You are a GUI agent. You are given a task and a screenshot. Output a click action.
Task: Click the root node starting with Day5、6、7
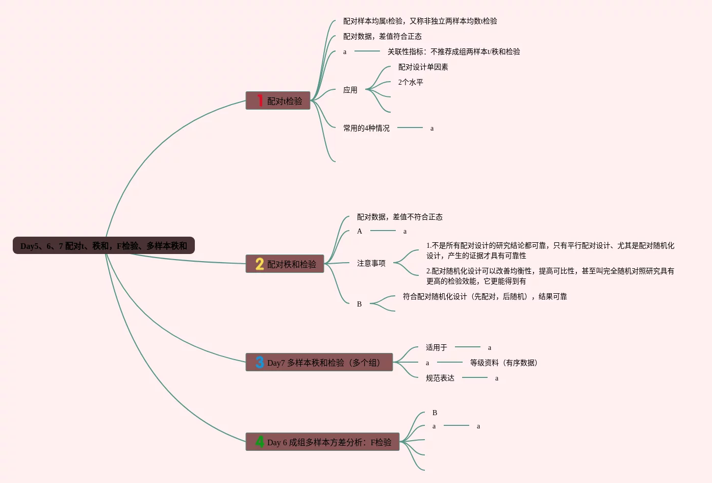tap(104, 246)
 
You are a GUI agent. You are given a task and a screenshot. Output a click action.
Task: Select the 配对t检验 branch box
tap(278, 101)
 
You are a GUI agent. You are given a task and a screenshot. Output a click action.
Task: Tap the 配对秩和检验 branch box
tap(285, 264)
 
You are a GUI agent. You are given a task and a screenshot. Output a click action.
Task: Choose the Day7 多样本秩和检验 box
tap(319, 363)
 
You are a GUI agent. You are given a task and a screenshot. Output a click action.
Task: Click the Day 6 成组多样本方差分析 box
tap(322, 442)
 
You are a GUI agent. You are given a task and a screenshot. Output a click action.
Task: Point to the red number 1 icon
tap(260, 100)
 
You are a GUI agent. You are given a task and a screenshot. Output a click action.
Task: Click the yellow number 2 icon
tap(260, 264)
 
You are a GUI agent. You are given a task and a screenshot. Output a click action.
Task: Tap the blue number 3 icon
tap(260, 362)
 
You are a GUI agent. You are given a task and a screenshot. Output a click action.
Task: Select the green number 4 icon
tap(260, 442)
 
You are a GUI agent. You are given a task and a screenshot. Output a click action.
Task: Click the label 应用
tap(350, 90)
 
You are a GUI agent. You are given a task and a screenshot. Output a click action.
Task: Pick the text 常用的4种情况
tap(366, 129)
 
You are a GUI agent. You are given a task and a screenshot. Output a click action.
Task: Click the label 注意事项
tap(371, 264)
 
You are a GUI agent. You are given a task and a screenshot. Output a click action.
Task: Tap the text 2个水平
tap(411, 83)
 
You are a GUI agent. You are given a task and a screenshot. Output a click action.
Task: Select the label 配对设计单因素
tap(423, 67)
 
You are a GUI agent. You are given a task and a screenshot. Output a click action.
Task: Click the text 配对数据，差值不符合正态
tap(399, 217)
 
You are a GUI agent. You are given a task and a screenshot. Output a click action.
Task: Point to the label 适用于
tap(437, 348)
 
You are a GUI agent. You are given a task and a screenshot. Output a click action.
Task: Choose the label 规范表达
tap(440, 378)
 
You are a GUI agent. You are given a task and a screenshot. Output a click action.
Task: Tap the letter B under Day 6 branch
tap(435, 413)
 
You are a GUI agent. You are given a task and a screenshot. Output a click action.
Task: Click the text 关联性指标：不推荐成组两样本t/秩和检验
tap(453, 52)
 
